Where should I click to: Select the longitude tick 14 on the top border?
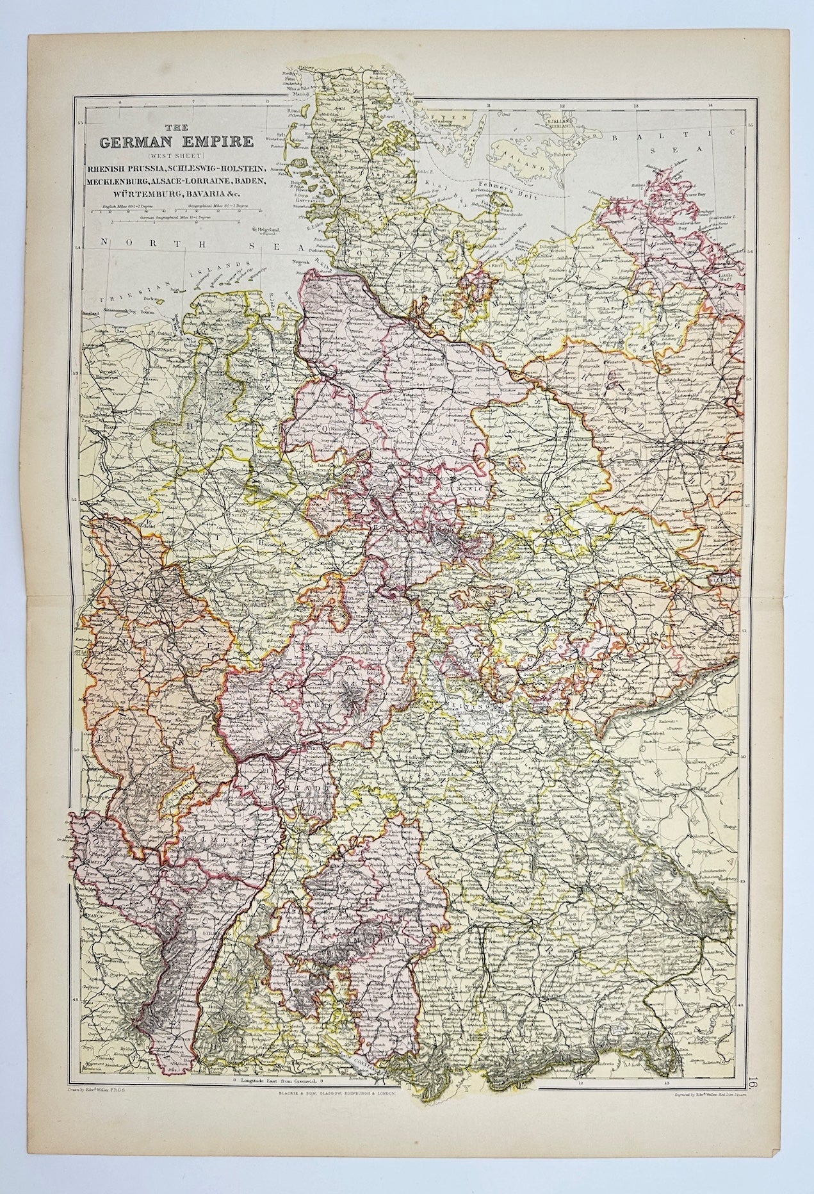pyautogui.click(x=709, y=106)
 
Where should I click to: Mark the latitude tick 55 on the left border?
pyautogui.click(x=80, y=122)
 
